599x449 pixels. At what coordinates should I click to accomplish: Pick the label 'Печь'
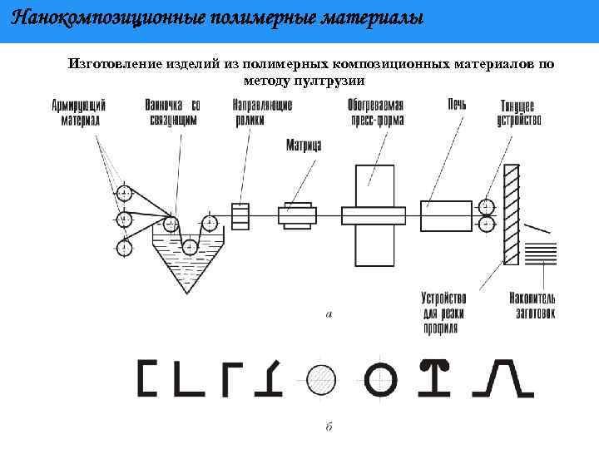tap(456, 105)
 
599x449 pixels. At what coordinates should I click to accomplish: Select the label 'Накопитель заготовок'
tap(532, 305)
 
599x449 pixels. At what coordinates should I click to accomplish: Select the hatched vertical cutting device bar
tap(511, 215)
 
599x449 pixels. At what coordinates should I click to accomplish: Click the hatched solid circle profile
tap(321, 380)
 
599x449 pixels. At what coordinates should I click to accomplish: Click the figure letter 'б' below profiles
tap(329, 426)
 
